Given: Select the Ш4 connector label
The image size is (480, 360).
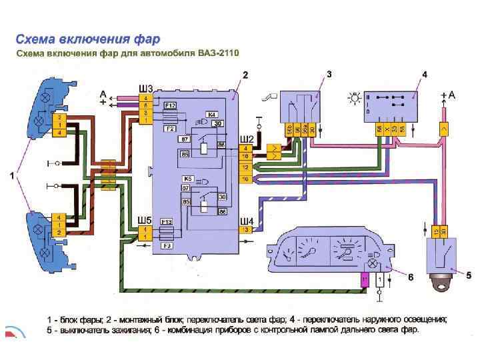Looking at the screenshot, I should click(x=247, y=221).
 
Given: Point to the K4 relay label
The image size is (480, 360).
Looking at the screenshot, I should click(x=213, y=114).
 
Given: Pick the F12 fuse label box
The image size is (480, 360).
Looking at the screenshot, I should click(x=170, y=105).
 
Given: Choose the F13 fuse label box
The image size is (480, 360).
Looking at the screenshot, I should click(x=167, y=221).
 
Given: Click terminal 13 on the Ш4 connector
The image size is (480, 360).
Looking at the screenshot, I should click(x=245, y=230).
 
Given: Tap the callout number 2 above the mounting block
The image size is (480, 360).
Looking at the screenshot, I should click(x=245, y=75).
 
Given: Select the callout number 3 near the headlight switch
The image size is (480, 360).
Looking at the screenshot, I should click(x=329, y=75).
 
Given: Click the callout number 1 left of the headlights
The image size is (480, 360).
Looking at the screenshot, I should click(x=11, y=176).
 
